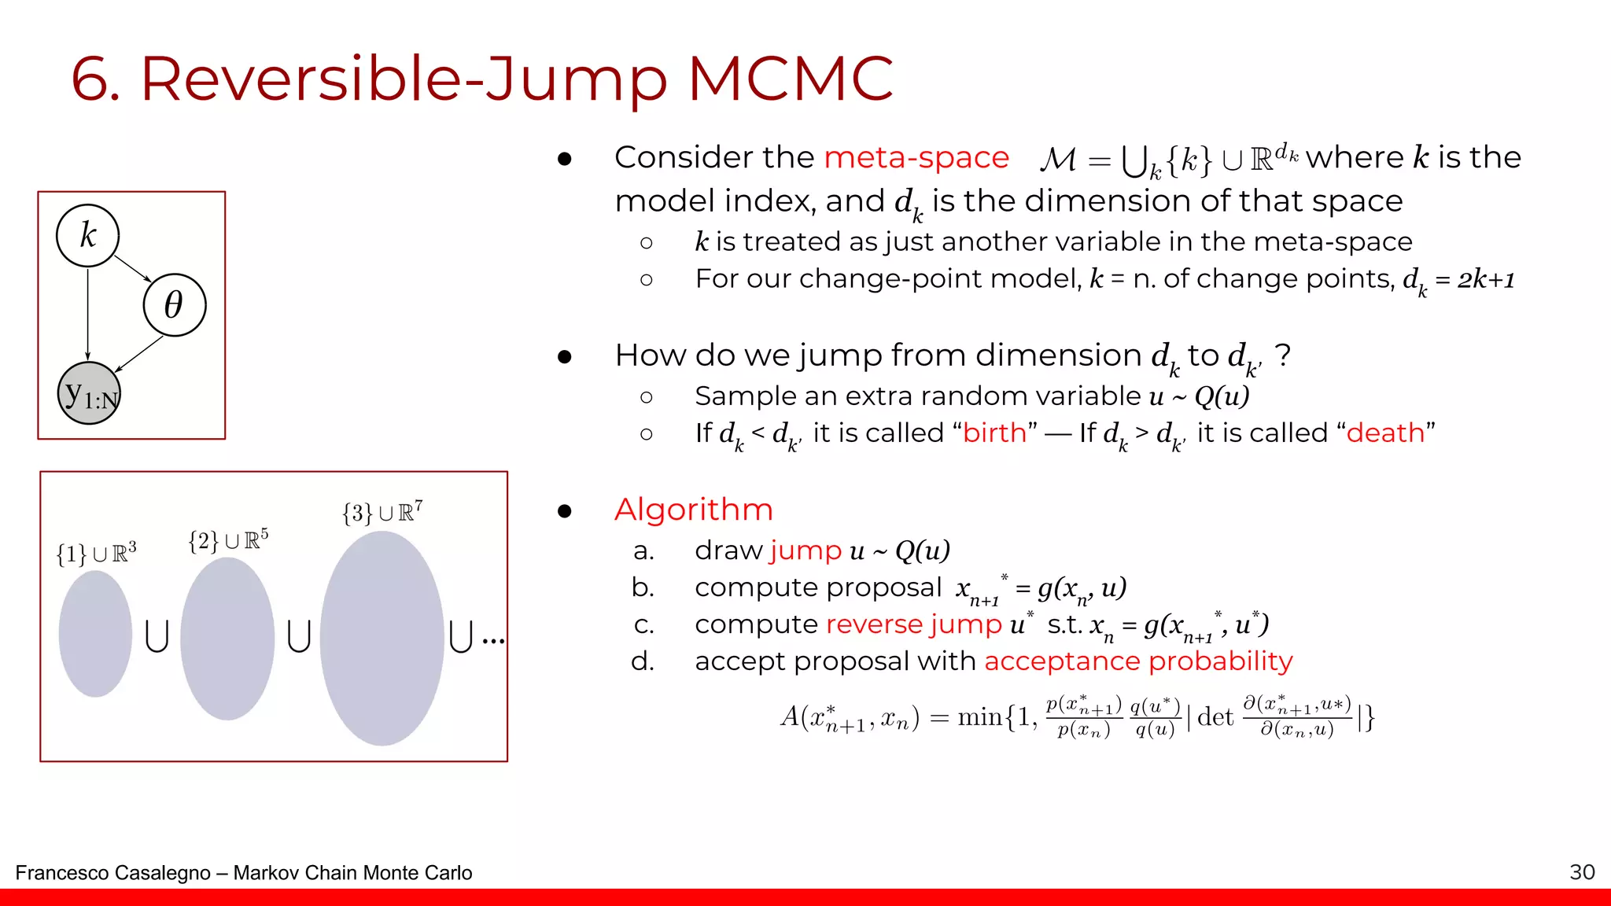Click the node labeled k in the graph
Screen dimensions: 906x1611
[87, 235]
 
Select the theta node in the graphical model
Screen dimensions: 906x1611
[174, 305]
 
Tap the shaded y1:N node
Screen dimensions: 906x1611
[90, 393]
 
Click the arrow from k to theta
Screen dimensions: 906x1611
[132, 269]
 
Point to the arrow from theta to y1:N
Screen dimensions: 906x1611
[140, 353]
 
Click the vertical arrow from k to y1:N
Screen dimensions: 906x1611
[87, 314]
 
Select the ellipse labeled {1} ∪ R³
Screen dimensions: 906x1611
[95, 633]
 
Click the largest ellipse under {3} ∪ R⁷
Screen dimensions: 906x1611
[382, 638]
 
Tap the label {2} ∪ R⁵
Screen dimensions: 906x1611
[228, 540]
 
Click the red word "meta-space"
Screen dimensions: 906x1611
[916, 157]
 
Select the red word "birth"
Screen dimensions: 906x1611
[994, 433]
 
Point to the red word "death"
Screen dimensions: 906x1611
[1385, 433]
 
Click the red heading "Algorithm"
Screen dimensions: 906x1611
[693, 510]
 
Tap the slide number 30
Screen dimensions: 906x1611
[1582, 871]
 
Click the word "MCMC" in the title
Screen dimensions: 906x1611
[790, 79]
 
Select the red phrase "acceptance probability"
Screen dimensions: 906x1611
[1137, 661]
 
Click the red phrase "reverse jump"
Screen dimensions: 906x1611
[914, 624]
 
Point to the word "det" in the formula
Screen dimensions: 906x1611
[1215, 716]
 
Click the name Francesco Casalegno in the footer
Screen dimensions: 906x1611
[112, 873]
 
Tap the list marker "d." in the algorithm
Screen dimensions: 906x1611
[643, 661]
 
